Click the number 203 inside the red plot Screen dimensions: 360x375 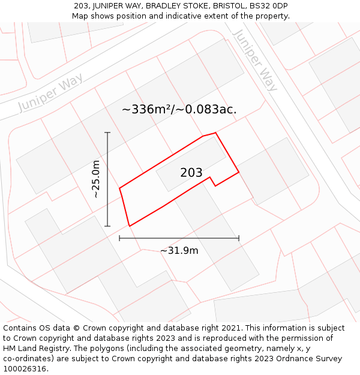click(191, 173)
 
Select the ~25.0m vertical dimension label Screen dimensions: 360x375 click(96, 179)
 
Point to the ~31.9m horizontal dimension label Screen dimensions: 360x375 click(179, 250)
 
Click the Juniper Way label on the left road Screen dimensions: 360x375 click(50, 94)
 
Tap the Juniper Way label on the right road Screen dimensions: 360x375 click(255, 60)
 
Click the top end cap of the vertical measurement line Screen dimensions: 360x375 click(107, 133)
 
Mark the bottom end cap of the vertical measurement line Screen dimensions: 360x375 click(107, 226)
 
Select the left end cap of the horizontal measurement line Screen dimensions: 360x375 click(119, 238)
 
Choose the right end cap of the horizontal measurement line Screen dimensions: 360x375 click(239, 238)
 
